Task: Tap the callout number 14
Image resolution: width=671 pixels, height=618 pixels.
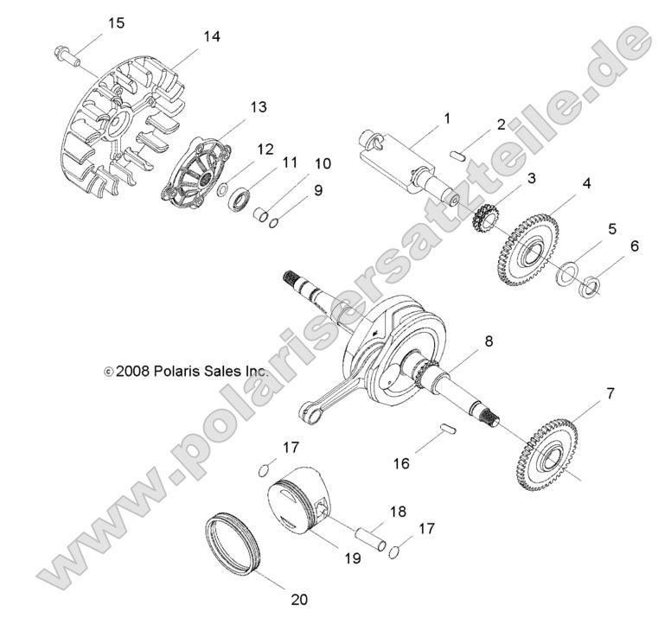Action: point(212,36)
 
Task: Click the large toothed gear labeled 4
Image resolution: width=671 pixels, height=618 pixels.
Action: point(528,251)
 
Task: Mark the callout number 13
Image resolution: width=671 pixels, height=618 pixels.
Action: point(259,107)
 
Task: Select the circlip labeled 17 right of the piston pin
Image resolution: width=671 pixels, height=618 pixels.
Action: point(393,553)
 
